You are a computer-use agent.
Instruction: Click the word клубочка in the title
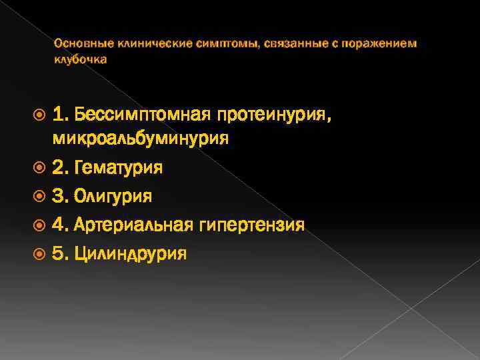click(x=80, y=59)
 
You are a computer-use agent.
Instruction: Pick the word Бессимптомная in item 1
click(x=143, y=114)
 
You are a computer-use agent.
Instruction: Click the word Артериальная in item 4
click(x=137, y=225)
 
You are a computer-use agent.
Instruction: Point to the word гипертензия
click(x=253, y=225)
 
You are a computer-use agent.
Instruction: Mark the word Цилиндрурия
click(x=131, y=253)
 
